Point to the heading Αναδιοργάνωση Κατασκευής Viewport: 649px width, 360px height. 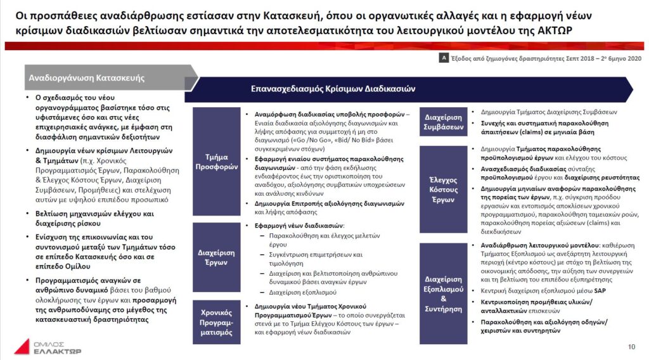86,79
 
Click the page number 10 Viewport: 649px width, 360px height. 631,346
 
